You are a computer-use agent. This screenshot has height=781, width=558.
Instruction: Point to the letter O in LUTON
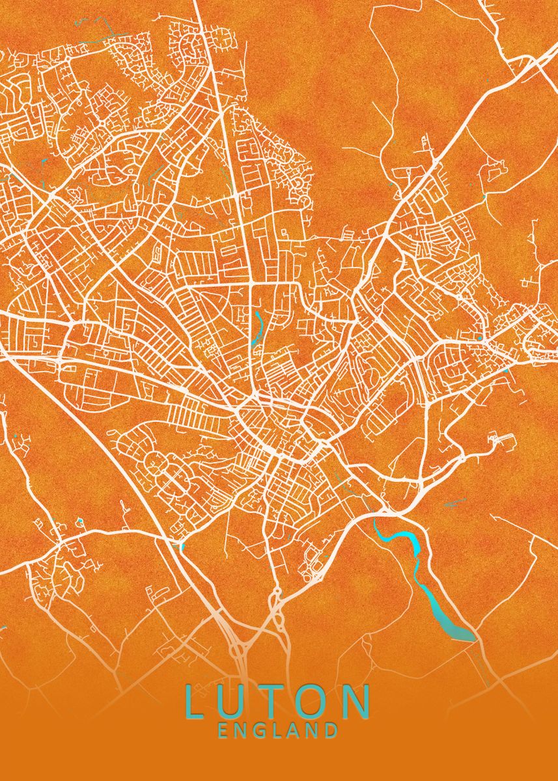click(315, 701)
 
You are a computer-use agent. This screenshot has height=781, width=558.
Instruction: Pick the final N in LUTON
click(357, 701)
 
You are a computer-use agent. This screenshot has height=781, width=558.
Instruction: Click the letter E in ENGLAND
click(224, 730)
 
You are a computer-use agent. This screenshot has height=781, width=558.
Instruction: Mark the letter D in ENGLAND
click(331, 730)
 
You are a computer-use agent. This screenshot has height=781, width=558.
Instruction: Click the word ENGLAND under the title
click(278, 730)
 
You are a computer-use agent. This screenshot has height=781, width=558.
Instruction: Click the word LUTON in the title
click(278, 701)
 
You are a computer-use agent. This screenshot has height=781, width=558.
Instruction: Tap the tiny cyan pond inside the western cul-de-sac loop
click(79, 521)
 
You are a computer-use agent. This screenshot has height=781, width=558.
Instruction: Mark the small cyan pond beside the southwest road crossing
click(181, 545)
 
